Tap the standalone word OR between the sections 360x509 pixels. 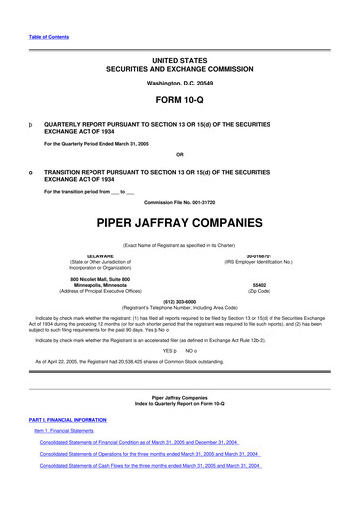(179, 154)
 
